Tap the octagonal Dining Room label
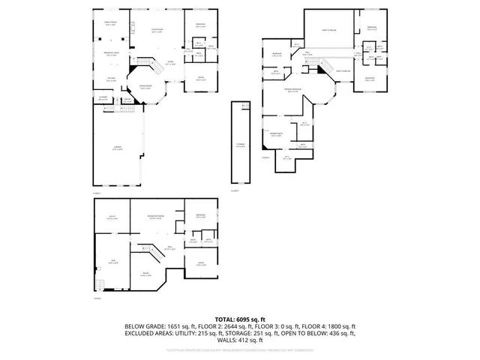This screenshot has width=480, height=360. [142, 88]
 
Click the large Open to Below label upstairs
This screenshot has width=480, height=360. [327, 30]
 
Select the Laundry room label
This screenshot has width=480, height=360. [103, 97]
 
